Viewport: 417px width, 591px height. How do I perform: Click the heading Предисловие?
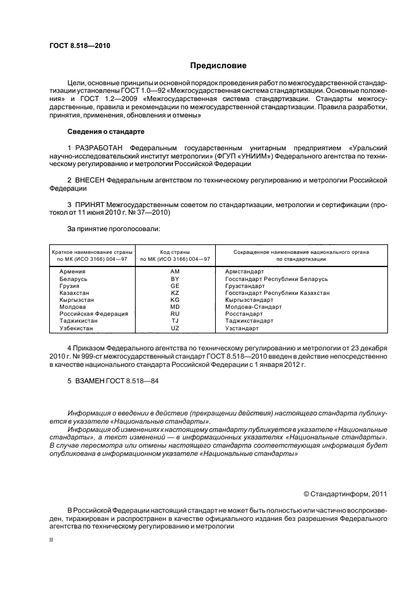(x=218, y=66)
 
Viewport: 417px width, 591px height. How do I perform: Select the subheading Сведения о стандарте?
(x=106, y=131)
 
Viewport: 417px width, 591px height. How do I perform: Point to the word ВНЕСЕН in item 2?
(x=90, y=180)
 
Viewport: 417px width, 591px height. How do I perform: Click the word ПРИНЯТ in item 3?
(x=91, y=205)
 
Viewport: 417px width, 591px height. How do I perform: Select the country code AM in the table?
(x=175, y=271)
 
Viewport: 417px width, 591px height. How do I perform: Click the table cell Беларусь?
(x=73, y=278)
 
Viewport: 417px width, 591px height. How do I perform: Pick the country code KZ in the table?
(x=175, y=293)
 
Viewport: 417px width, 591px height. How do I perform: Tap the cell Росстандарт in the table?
(x=244, y=313)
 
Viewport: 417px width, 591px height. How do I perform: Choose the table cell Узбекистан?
(x=76, y=328)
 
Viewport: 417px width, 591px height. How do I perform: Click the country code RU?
(x=175, y=313)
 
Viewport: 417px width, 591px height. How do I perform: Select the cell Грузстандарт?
(x=246, y=285)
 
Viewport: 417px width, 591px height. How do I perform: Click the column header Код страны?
(x=175, y=252)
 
